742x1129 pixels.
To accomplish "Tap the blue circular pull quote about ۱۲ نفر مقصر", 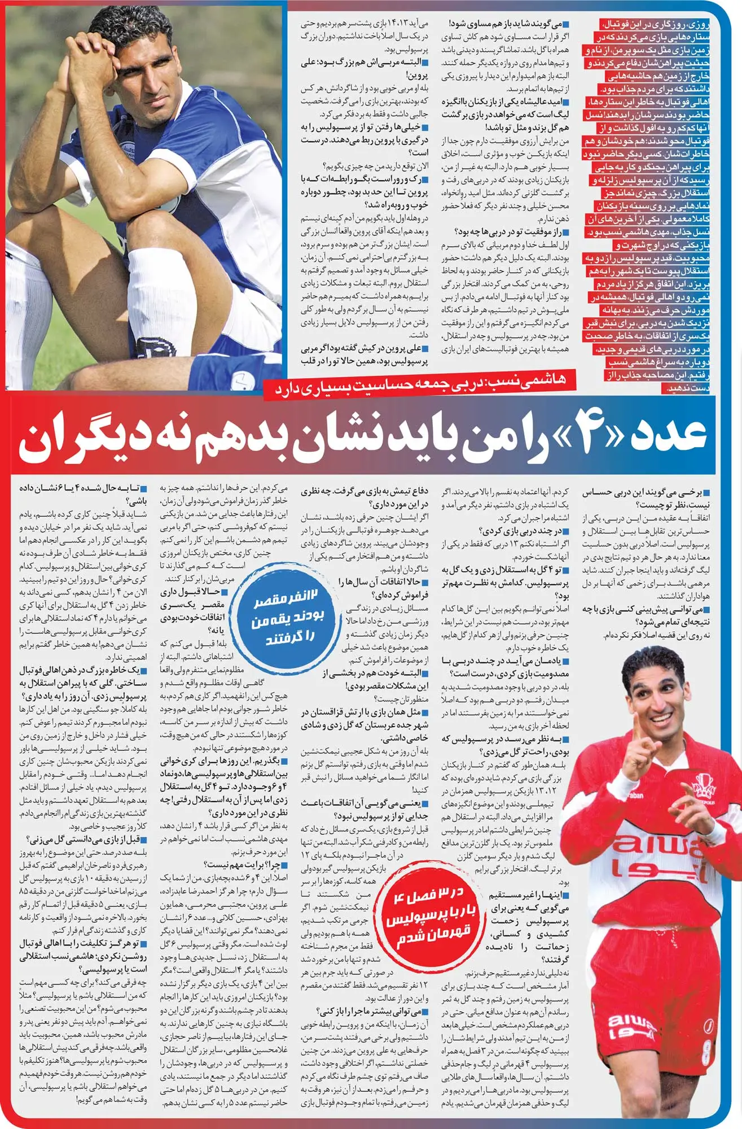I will pos(288,618).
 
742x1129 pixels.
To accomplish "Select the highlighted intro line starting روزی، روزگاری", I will pos(657,24).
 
